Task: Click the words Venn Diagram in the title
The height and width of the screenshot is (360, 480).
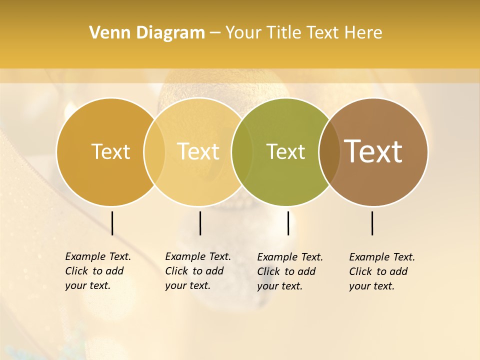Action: click(x=147, y=33)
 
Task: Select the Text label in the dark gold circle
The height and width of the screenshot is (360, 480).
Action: click(x=110, y=151)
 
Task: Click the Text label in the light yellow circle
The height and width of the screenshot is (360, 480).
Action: click(x=198, y=151)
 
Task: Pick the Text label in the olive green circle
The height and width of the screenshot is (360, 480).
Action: click(x=285, y=151)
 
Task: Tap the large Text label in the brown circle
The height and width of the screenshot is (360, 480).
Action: click(x=373, y=151)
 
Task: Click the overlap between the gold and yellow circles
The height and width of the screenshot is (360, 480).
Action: click(x=154, y=151)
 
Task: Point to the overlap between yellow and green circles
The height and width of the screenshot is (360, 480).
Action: click(x=242, y=151)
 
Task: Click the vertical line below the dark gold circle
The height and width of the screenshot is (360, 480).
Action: click(x=112, y=223)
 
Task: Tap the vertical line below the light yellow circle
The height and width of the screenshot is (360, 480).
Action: click(x=200, y=223)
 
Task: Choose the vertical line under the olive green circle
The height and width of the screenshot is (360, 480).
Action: click(x=288, y=223)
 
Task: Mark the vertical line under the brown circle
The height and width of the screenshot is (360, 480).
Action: click(x=372, y=223)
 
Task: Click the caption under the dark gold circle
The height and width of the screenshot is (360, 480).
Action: click(x=97, y=271)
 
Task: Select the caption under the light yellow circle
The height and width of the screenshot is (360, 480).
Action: click(x=197, y=271)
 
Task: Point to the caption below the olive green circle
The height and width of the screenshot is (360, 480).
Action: click(x=289, y=271)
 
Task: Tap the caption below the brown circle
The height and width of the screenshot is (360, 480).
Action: click(x=381, y=271)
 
